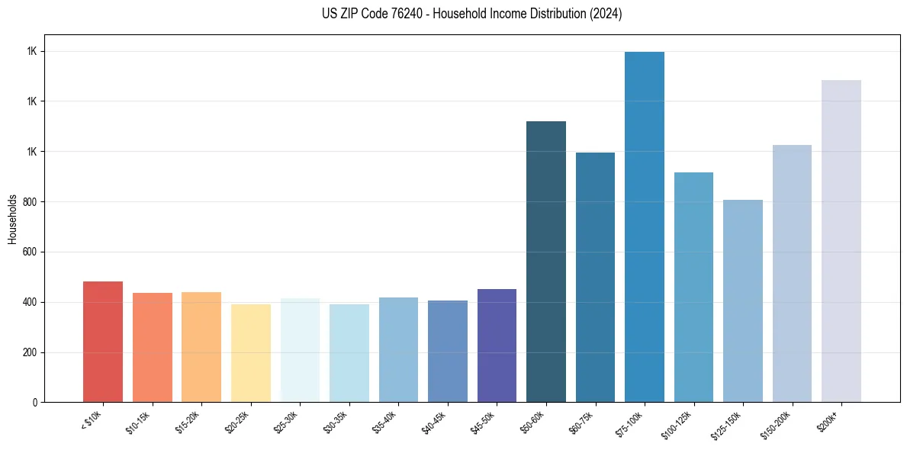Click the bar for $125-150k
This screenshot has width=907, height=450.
tap(743, 301)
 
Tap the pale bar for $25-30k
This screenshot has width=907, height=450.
tap(300, 350)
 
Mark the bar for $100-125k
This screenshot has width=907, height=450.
tap(693, 287)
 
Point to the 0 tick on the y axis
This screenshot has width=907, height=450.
tap(34, 402)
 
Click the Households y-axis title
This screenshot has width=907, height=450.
tap(12, 219)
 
